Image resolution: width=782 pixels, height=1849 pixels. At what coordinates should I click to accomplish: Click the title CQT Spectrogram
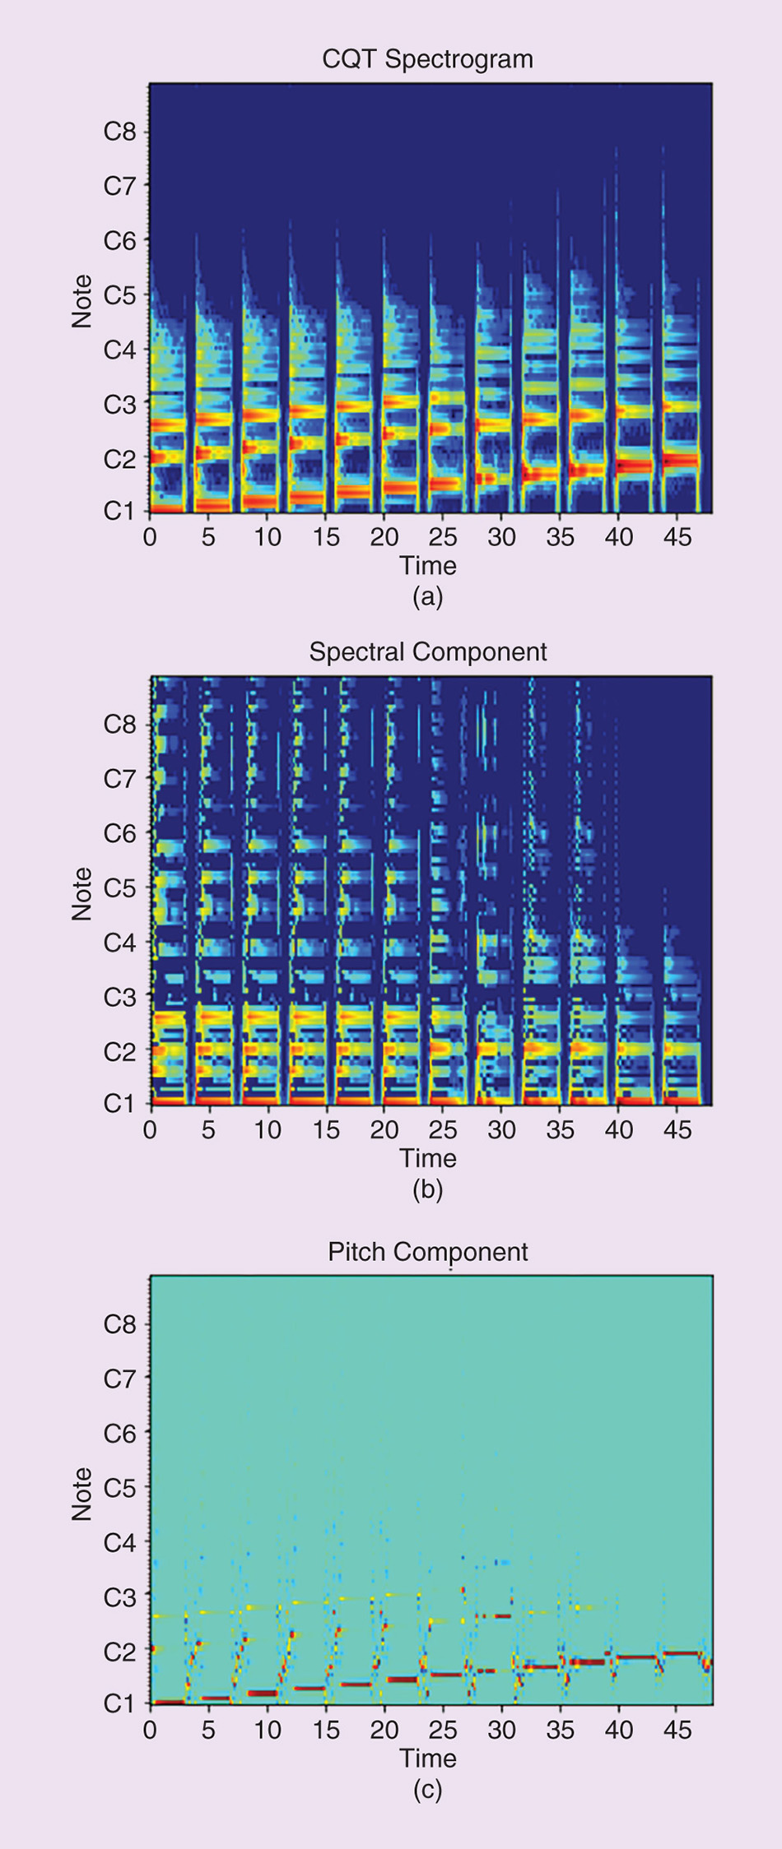(427, 59)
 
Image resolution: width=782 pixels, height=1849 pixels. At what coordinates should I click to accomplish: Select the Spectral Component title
(427, 651)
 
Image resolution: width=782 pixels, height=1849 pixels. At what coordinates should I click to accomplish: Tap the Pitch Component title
(427, 1252)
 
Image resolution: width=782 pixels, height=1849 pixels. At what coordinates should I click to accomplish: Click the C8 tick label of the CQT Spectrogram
(119, 132)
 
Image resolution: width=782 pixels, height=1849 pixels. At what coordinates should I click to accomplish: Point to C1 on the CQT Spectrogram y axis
(119, 511)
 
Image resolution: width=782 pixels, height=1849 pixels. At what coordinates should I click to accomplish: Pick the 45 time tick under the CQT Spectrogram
(678, 537)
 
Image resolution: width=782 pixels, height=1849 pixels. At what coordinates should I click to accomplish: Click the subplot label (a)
(427, 596)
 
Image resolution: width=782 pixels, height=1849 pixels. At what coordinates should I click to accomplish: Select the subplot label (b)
(427, 1189)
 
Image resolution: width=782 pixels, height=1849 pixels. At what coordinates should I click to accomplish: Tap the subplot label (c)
(427, 1790)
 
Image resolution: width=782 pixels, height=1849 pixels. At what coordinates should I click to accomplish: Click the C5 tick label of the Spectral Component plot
(119, 887)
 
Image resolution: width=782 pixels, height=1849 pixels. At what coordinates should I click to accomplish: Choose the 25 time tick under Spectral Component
(443, 1129)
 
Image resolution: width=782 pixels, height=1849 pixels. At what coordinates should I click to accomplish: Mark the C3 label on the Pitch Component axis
(119, 1596)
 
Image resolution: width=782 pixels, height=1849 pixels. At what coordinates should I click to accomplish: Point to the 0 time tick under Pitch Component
(150, 1730)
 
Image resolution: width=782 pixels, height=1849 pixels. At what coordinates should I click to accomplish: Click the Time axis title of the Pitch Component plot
(427, 1759)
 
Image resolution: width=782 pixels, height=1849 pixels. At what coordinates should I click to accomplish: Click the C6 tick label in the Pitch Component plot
(119, 1434)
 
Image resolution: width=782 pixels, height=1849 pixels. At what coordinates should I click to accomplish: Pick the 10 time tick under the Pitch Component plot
(267, 1730)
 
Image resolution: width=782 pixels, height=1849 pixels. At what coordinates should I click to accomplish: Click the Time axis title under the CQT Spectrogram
(427, 566)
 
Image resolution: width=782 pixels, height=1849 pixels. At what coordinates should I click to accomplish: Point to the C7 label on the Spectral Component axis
(119, 778)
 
